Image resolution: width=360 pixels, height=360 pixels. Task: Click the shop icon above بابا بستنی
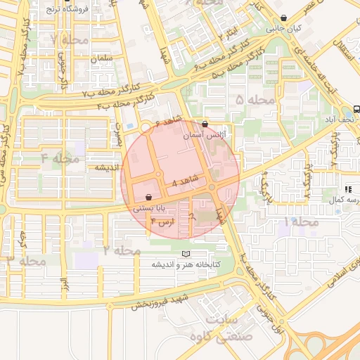point(148,198)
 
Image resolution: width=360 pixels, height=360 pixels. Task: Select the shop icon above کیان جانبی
point(283,19)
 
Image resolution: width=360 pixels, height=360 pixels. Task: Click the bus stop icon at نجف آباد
point(356,109)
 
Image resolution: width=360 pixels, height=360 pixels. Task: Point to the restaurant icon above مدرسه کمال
point(348,189)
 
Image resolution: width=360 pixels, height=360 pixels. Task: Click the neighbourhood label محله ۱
point(300,221)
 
